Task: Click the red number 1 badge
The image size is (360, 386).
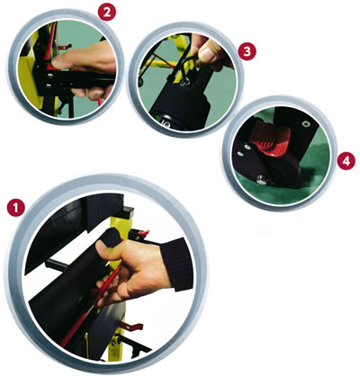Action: [x=16, y=208]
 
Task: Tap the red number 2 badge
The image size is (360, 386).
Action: [x=107, y=12]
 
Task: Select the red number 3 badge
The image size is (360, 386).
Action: [x=247, y=51]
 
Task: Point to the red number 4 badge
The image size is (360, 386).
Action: [x=346, y=161]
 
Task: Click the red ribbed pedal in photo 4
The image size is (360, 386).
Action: [x=270, y=139]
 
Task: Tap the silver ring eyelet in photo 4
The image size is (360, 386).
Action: [x=306, y=123]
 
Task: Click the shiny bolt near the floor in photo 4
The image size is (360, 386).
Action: [x=261, y=180]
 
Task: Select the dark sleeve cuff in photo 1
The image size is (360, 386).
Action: [x=177, y=264]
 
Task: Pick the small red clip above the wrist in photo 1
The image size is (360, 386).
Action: [x=143, y=233]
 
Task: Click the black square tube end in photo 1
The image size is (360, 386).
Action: [x=128, y=212]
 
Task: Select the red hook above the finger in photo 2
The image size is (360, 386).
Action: [x=65, y=47]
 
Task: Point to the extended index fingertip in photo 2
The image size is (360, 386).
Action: [x=56, y=62]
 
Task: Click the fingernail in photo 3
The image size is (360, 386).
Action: [x=206, y=55]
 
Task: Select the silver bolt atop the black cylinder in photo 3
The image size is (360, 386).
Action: [x=187, y=81]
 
